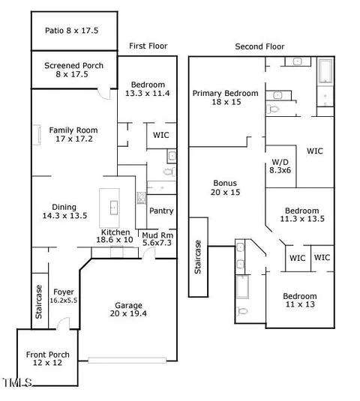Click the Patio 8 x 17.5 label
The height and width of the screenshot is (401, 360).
pos(72,31)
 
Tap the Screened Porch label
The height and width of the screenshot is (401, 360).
pos(73,70)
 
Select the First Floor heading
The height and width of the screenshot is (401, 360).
pos(148,46)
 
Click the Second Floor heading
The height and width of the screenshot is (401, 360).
pos(259,46)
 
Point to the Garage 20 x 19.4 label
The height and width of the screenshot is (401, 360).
pos(128,310)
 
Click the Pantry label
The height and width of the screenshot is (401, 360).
pos(161,211)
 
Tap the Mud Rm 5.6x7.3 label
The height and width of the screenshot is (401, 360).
pos(157,239)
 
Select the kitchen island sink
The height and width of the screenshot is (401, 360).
pos(114,208)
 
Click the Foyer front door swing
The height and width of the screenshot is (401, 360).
pos(64,323)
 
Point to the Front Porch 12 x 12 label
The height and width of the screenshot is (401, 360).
pos(47,358)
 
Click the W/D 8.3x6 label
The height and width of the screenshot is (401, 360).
pos(280,166)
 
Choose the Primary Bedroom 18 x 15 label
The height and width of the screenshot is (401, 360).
pos(226,97)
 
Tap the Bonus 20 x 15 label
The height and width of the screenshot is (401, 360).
pos(225,187)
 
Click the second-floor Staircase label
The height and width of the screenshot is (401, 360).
pos(198,257)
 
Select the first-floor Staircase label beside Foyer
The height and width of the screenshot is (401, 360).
pos(39,302)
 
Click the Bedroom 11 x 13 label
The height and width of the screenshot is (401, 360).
pos(300,301)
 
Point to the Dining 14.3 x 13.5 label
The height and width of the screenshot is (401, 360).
pos(64,211)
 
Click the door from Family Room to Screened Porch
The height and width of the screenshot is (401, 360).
pos(104,94)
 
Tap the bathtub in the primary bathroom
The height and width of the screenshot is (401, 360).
pos(325,70)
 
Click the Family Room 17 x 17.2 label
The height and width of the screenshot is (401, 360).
pos(73,134)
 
